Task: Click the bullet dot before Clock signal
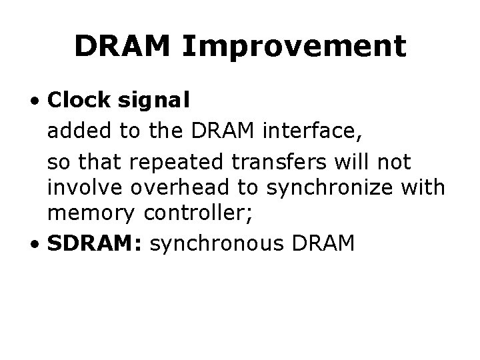click(40, 101)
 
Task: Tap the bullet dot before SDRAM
click(40, 245)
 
